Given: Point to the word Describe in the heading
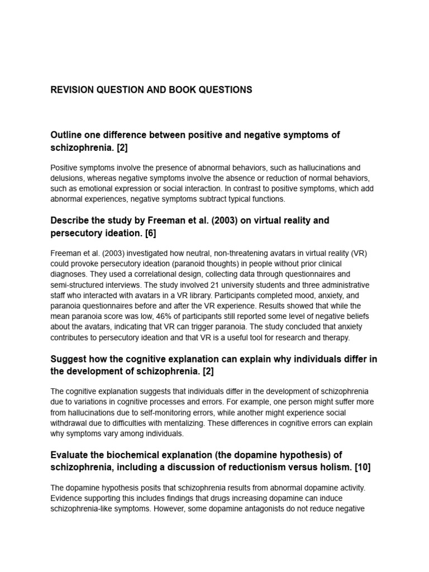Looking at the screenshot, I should (70, 221).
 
